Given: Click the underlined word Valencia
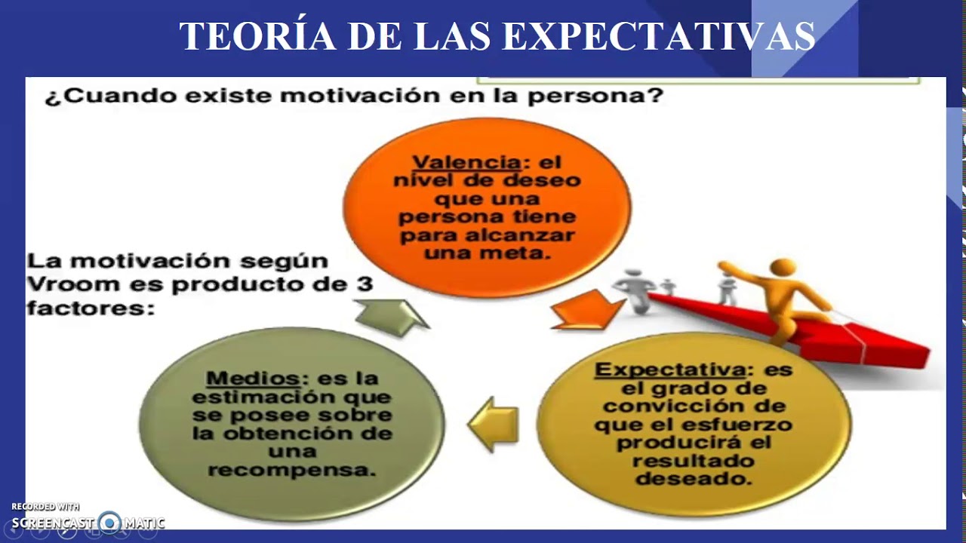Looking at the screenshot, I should (x=466, y=162).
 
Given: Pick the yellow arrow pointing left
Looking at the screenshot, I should (x=494, y=424).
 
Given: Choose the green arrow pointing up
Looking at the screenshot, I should (x=391, y=316).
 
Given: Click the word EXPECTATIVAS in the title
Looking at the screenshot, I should (x=658, y=36).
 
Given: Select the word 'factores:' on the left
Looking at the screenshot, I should (x=90, y=308).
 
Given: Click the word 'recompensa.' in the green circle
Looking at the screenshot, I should (x=291, y=470).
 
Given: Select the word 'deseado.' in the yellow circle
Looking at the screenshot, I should (x=694, y=478).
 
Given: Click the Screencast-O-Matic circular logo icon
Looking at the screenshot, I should (x=109, y=523).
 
